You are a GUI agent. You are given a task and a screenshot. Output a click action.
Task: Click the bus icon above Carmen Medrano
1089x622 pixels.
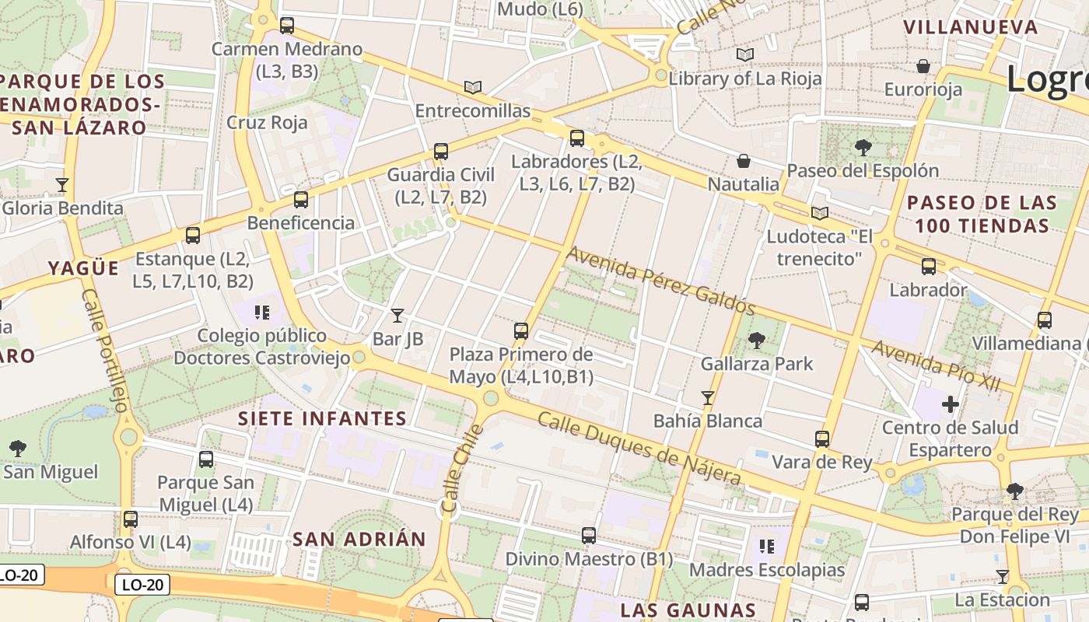pyautogui.click(x=287, y=25)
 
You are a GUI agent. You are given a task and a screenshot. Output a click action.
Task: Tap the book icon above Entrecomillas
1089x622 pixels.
pyautogui.click(x=473, y=87)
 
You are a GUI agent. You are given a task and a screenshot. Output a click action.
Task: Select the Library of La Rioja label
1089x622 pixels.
pyautogui.click(x=745, y=79)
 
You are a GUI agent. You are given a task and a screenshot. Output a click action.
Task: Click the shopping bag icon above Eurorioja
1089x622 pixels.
pyautogui.click(x=923, y=66)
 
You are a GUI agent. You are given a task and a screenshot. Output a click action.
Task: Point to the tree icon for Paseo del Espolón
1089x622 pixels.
pyautogui.click(x=863, y=147)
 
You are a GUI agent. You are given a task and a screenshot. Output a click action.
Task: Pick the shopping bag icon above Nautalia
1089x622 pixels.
pyautogui.click(x=744, y=161)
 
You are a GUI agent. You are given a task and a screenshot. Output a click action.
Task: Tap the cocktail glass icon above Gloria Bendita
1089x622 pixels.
pyautogui.click(x=62, y=184)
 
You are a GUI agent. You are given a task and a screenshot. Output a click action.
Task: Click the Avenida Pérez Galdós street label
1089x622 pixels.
pyautogui.click(x=660, y=280)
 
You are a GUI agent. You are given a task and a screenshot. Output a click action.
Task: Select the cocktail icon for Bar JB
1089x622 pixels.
pyautogui.click(x=397, y=315)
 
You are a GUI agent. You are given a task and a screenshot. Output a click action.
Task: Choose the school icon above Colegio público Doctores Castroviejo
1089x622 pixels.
pyautogui.click(x=262, y=313)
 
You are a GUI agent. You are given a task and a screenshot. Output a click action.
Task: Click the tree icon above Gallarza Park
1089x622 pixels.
pyautogui.click(x=756, y=340)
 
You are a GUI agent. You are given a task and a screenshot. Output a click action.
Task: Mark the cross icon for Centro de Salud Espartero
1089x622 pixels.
pyautogui.click(x=950, y=404)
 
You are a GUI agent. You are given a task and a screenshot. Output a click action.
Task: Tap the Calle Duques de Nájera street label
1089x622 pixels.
pyautogui.click(x=639, y=449)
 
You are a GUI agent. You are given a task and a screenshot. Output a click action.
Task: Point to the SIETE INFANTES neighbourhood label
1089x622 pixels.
pyautogui.click(x=323, y=418)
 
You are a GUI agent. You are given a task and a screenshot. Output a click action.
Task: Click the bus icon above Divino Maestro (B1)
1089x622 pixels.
pyautogui.click(x=589, y=535)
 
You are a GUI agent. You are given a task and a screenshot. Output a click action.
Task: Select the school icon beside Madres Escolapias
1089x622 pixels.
pyautogui.click(x=767, y=547)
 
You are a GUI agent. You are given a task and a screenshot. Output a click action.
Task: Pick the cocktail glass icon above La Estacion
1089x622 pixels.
pyautogui.click(x=1003, y=576)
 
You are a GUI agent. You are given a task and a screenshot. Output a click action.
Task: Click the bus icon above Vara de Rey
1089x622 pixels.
pyautogui.click(x=822, y=439)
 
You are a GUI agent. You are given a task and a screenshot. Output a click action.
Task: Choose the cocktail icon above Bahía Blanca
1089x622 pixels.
pyautogui.click(x=708, y=398)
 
